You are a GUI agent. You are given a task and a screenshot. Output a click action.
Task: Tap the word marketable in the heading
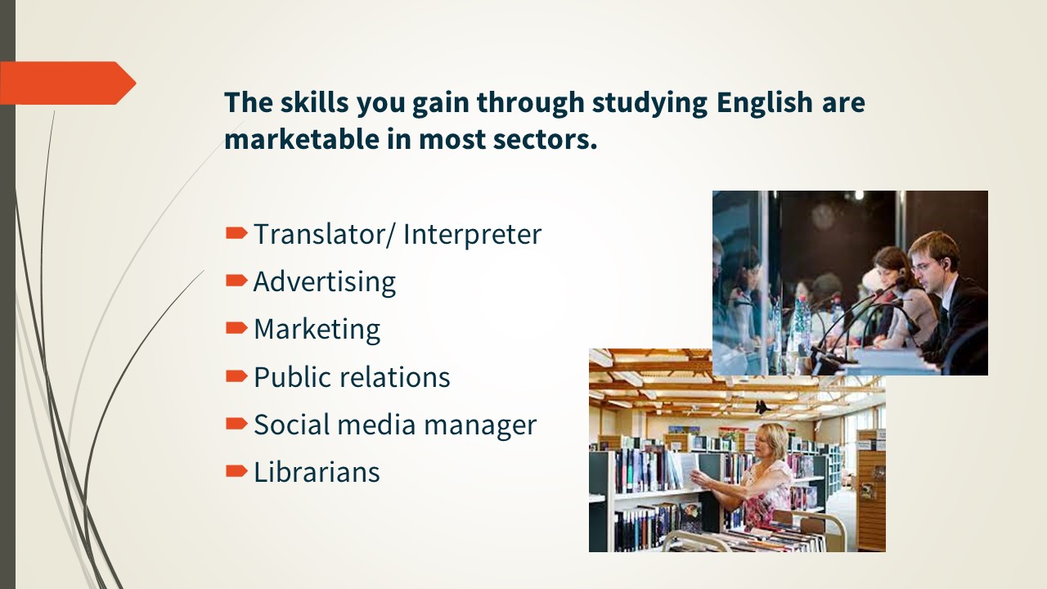tap(302, 139)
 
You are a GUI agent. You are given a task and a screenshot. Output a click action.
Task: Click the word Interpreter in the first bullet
tap(472, 235)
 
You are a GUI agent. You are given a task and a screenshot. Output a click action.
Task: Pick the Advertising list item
tap(325, 282)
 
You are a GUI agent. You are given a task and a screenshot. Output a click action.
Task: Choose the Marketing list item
tap(317, 330)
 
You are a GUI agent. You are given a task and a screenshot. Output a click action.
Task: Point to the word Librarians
tap(317, 472)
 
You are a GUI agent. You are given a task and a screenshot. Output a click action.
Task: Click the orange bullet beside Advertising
tap(236, 281)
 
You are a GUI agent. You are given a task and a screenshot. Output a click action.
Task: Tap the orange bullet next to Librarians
tap(236, 471)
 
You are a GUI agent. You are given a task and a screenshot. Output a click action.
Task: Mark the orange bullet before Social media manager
tap(236, 424)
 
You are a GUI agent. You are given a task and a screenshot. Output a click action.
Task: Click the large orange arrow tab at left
tap(68, 83)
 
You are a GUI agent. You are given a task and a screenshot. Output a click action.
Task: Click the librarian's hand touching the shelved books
tap(699, 477)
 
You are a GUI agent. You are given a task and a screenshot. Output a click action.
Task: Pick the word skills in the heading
tap(314, 101)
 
